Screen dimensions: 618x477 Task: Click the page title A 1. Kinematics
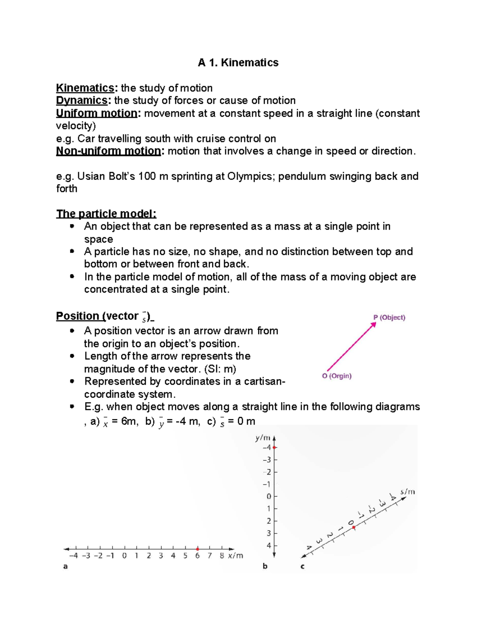click(238, 62)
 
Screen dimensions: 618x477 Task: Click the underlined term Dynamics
click(82, 100)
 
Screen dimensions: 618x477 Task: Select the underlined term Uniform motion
click(97, 113)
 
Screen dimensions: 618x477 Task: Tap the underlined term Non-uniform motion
click(109, 151)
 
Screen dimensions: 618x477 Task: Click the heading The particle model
click(106, 214)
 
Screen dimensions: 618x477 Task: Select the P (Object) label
click(389, 318)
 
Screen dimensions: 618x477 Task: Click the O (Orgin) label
click(337, 376)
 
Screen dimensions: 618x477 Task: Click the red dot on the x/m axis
click(198, 549)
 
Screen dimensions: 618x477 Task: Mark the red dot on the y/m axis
click(274, 448)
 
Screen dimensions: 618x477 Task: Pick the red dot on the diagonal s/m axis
click(354, 527)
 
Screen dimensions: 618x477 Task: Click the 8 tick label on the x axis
click(222, 556)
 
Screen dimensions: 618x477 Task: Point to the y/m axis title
click(263, 438)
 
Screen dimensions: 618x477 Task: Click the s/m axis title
click(407, 492)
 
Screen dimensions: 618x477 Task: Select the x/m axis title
click(236, 556)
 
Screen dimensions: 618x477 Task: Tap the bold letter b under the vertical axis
click(265, 566)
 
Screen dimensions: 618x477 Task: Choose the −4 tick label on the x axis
click(73, 556)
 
